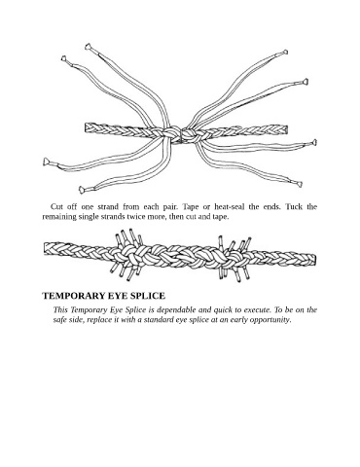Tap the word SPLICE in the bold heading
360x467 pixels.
click(x=148, y=296)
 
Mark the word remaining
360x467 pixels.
click(x=59, y=217)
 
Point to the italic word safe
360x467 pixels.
click(x=60, y=320)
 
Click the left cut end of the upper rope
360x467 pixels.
click(x=86, y=127)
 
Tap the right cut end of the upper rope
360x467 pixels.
click(x=287, y=129)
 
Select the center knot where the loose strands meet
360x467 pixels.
click(x=180, y=134)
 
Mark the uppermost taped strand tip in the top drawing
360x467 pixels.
click(x=88, y=47)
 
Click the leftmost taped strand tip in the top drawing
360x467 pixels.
click(x=46, y=162)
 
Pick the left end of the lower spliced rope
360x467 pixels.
click(x=45, y=248)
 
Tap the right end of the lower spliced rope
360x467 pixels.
click(x=314, y=260)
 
